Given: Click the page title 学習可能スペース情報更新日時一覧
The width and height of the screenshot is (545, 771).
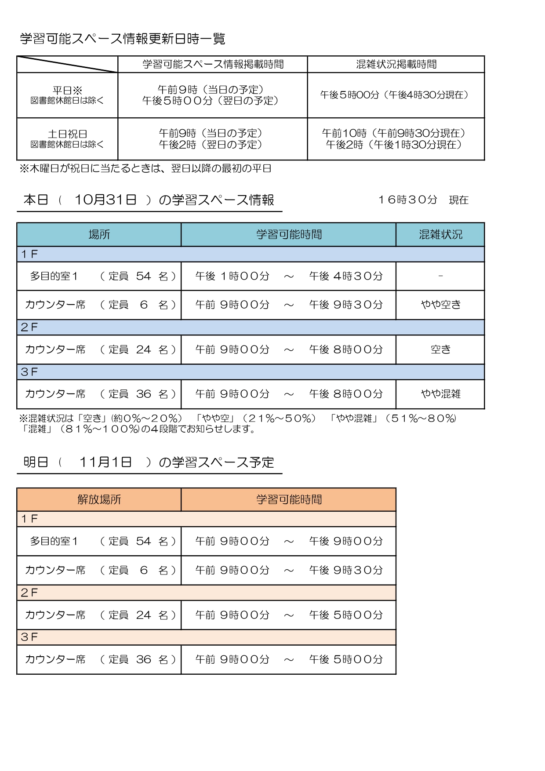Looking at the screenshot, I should (123, 39).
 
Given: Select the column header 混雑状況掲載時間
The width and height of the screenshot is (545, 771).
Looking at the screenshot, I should (396, 64).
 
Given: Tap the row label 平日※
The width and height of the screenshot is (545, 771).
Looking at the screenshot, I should (67, 91).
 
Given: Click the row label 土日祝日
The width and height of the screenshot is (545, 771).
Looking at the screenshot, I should (67, 134).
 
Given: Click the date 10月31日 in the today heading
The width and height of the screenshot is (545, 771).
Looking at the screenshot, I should (105, 200).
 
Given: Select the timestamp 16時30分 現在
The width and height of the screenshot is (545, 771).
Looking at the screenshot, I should (423, 200).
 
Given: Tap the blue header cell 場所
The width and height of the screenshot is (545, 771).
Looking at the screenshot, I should (99, 234).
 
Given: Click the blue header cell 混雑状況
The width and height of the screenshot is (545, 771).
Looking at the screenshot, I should (440, 234).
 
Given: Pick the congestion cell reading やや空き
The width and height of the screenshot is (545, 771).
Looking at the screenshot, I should (440, 305).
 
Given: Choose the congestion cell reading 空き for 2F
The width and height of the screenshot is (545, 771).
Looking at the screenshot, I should (440, 349).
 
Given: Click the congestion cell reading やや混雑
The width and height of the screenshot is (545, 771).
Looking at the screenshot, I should (440, 394).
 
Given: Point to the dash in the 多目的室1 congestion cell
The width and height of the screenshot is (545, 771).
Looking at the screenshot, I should (440, 276).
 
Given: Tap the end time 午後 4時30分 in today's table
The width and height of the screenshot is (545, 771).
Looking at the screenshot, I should (346, 276).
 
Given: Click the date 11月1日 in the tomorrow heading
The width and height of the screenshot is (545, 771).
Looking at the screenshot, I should (105, 462).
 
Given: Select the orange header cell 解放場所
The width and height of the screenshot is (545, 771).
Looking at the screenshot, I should (99, 499).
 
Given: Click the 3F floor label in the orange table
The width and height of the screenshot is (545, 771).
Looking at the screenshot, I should (29, 637).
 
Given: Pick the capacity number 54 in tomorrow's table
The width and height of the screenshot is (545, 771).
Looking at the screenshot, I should (143, 541).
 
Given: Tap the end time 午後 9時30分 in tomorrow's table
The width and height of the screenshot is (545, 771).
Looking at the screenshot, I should (346, 570).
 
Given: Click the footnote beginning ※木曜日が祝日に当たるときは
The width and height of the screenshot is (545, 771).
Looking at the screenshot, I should (145, 168).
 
